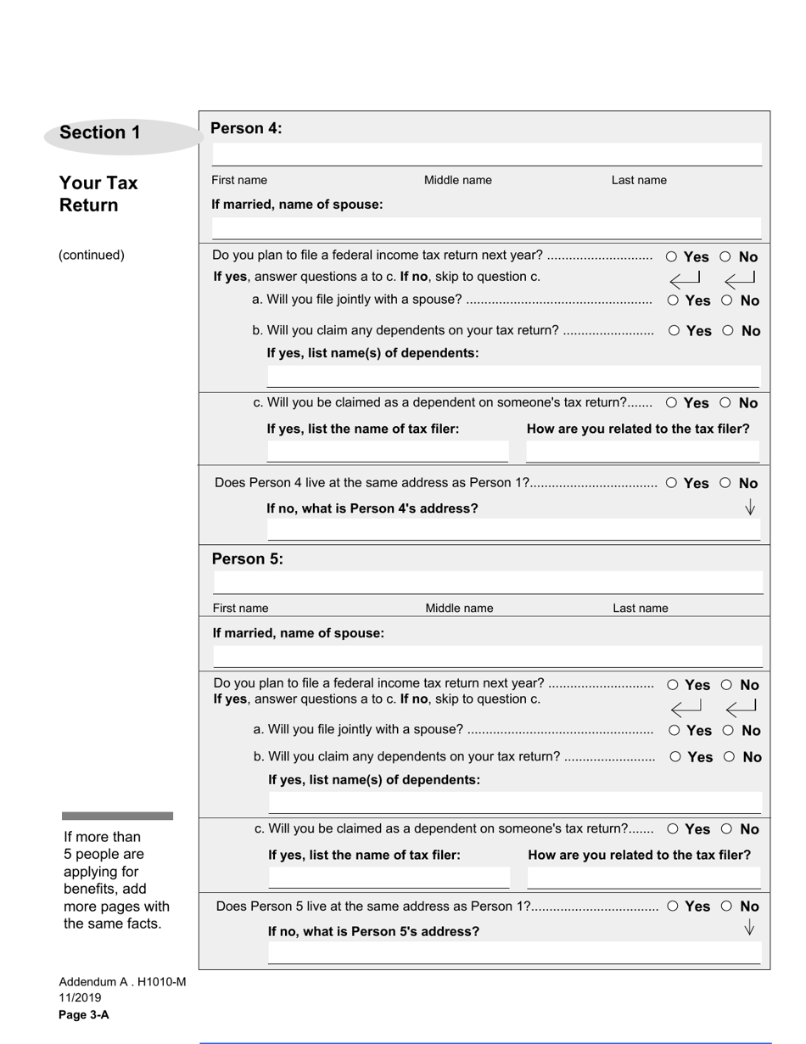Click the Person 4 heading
[x=246, y=128]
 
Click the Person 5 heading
[x=247, y=558]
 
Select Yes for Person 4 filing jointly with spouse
[x=673, y=300]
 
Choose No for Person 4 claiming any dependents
[x=728, y=331]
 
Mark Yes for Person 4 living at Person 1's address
[x=671, y=483]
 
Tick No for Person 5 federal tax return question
[x=727, y=685]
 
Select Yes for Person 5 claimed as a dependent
[x=673, y=829]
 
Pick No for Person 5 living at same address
[x=726, y=906]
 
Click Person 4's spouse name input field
[x=486, y=228]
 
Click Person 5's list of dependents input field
[x=515, y=801]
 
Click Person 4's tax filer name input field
[x=388, y=451]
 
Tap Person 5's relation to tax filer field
[x=644, y=877]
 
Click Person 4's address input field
[x=513, y=530]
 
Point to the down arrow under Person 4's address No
[x=750, y=508]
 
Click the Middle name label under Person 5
[x=459, y=608]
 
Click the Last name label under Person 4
[x=639, y=180]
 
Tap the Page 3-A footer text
[x=84, y=1015]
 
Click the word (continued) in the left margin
[x=92, y=255]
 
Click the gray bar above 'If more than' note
[x=117, y=816]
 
